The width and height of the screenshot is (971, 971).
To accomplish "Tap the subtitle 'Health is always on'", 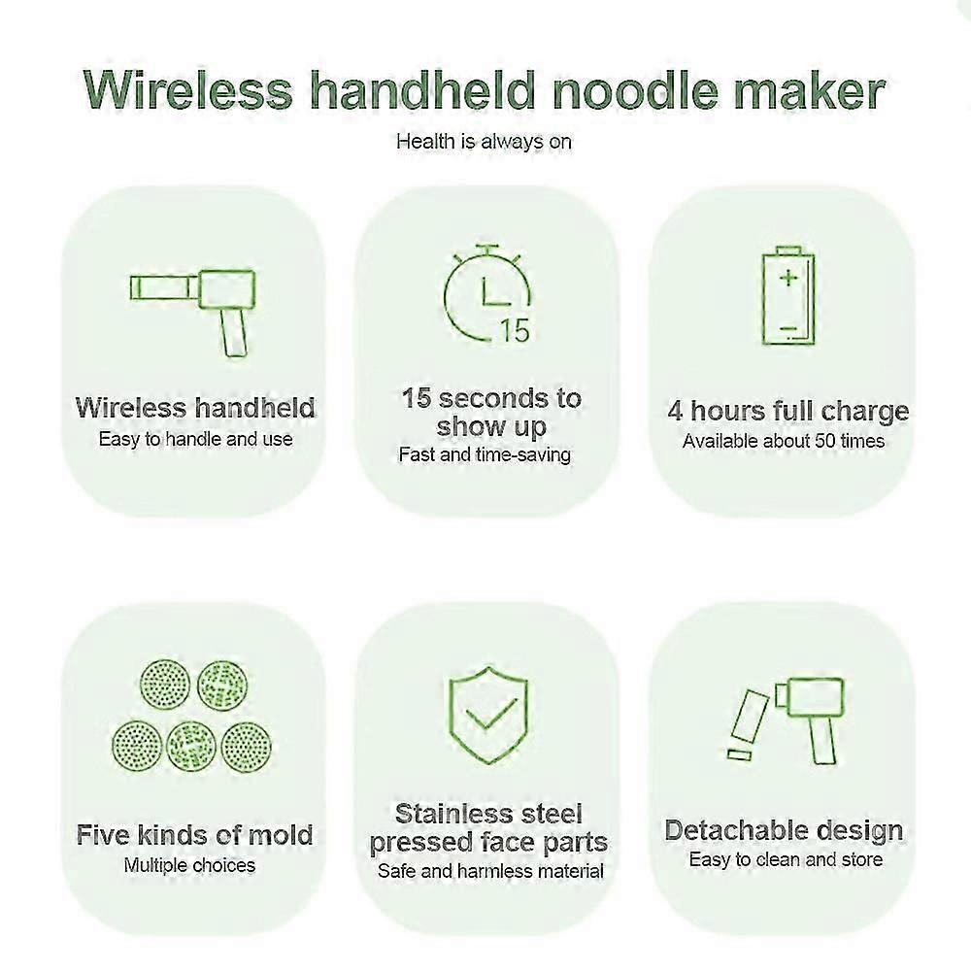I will [x=484, y=142].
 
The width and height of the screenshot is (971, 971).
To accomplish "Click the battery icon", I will [x=788, y=297].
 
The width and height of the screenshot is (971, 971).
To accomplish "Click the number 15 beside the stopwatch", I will [x=515, y=331].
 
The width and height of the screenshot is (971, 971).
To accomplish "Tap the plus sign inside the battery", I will [x=789, y=277].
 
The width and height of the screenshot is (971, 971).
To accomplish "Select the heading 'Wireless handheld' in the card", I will [x=195, y=408].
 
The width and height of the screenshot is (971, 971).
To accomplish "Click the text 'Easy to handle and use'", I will [x=195, y=439].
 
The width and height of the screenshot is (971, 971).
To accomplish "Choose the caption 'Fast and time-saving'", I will [x=485, y=454].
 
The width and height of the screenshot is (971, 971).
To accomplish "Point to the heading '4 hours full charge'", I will [x=787, y=411].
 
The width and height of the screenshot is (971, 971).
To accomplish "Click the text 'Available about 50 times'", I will [x=784, y=441].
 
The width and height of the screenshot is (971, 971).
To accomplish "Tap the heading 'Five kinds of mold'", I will [x=195, y=835].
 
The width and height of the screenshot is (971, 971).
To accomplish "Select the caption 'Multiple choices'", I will [x=189, y=864].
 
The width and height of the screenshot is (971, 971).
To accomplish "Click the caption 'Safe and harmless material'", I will [x=490, y=871].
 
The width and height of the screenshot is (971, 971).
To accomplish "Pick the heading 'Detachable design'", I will [x=784, y=831].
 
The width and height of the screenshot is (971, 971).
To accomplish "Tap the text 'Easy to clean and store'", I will [x=786, y=859].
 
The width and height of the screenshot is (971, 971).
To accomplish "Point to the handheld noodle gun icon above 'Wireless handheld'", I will [x=193, y=302].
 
